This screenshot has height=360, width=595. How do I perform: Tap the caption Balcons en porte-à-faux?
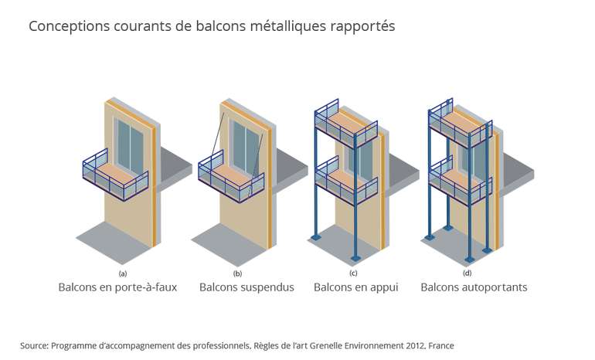click(117, 287)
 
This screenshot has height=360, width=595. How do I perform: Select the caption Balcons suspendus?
click(246, 287)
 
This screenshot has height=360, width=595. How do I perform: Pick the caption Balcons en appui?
click(355, 287)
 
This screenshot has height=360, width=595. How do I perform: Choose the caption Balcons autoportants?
click(474, 287)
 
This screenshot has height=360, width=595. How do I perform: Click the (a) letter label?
click(122, 273)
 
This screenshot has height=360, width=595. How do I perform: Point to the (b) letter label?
click(238, 273)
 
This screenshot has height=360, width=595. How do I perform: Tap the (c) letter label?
click(353, 273)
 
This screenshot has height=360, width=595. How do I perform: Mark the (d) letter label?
click(467, 273)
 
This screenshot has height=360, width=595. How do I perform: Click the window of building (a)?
click(129, 147)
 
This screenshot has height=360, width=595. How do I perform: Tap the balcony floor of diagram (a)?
click(116, 172)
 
